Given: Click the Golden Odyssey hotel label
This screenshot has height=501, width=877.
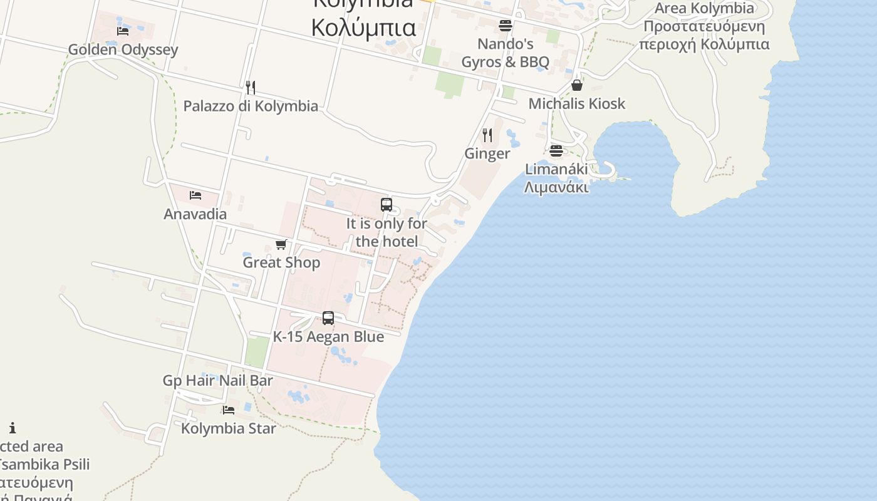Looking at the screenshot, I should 123,49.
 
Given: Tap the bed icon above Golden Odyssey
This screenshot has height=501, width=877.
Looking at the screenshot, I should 123,31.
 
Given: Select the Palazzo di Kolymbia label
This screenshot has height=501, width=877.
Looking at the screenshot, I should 251,106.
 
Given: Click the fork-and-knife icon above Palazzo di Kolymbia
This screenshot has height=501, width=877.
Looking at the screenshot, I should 251,87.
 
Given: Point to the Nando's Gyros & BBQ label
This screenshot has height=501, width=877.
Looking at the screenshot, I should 506,53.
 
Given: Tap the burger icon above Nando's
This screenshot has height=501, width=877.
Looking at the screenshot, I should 506,26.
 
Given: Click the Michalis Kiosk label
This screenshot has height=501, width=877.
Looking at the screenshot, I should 577,103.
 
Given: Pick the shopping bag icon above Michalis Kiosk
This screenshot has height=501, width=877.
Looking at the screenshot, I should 577,85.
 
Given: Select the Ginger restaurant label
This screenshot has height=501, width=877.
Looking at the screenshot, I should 487,153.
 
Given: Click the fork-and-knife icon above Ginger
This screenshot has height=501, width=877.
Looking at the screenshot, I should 487,135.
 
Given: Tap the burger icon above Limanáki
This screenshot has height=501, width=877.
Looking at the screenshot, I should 556,150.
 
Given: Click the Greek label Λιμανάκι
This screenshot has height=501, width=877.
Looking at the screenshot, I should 556,187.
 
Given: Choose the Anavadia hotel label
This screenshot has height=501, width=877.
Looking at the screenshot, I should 195,214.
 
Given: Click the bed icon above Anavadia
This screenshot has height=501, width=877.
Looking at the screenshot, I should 195,195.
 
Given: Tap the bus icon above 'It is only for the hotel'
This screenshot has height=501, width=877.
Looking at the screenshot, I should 387,204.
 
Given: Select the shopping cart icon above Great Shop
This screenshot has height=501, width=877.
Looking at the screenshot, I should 281,244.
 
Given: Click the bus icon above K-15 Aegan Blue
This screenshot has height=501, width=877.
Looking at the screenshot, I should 328,318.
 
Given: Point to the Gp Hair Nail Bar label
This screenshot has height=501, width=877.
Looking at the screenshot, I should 217,381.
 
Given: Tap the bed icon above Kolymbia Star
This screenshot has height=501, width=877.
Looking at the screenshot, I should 229,410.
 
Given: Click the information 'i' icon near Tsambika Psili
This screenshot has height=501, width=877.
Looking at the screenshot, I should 13,428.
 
